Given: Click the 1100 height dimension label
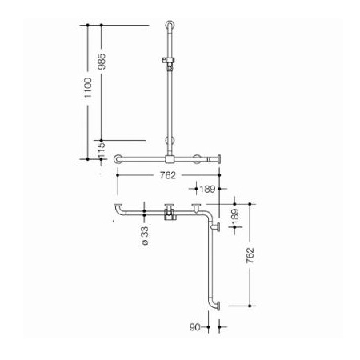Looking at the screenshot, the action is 88,88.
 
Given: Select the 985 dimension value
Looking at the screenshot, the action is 102,62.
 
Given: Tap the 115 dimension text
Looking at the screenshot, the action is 102,150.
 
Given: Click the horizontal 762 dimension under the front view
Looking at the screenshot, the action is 168,175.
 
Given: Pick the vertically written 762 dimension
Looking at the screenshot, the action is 250,255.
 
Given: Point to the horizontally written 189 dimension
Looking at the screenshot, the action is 207,189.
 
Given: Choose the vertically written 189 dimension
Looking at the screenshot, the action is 235,217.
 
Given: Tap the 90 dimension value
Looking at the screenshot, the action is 194,327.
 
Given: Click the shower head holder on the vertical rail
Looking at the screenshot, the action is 168,63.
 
